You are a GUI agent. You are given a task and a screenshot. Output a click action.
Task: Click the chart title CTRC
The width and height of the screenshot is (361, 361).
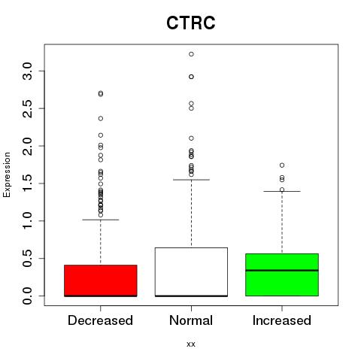191,23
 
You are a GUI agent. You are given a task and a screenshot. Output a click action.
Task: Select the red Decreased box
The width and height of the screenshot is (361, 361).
101,281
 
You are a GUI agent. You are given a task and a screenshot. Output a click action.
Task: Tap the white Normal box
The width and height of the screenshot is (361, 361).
191,272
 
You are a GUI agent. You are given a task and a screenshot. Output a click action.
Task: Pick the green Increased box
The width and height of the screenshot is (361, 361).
282,275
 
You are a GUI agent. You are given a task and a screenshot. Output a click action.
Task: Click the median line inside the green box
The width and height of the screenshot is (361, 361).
282,270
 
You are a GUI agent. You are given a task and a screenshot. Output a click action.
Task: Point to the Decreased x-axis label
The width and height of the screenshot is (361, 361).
100,320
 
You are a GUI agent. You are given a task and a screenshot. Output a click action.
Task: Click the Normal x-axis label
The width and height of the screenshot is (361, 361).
191,320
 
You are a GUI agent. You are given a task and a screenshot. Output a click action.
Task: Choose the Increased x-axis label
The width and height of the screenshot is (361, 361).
282,320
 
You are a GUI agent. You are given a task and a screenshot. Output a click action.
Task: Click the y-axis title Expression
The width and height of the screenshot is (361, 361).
7,174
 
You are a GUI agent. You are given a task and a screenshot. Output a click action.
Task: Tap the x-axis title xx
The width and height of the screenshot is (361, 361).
191,344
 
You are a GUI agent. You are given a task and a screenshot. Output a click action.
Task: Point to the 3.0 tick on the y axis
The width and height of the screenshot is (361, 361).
27,71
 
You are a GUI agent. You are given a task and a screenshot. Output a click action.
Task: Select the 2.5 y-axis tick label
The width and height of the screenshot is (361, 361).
27,108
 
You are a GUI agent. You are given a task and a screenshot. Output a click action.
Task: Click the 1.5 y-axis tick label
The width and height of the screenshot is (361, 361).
27,184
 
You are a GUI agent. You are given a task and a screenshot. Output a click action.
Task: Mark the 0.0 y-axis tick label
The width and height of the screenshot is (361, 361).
27,296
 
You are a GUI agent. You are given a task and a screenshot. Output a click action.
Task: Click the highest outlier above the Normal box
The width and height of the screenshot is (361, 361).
191,54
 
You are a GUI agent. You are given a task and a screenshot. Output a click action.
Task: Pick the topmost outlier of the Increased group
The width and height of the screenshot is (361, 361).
282,165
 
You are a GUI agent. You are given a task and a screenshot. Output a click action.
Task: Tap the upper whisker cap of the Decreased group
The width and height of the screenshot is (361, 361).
101,220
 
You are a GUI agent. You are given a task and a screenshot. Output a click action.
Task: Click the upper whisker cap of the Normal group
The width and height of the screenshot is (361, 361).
191,180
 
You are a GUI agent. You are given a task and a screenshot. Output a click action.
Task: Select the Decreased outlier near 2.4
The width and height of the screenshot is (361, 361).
101,119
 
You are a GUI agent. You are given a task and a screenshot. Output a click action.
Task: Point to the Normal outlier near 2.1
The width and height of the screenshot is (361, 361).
191,138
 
